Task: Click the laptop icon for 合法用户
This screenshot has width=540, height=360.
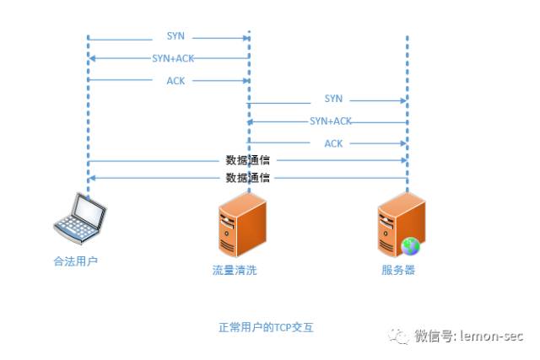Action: pyautogui.click(x=80, y=218)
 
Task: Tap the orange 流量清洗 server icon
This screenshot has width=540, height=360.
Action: pyautogui.click(x=242, y=225)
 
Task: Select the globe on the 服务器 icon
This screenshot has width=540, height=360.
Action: pyautogui.click(x=410, y=246)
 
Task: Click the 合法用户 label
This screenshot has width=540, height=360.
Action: pyautogui.click(x=75, y=261)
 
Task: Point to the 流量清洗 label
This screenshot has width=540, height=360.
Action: pyautogui.click(x=235, y=270)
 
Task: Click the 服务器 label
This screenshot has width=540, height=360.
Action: pyautogui.click(x=398, y=270)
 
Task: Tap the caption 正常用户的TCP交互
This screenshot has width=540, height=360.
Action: pyautogui.click(x=266, y=327)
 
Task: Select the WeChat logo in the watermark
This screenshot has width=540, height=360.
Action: pyautogui.click(x=399, y=336)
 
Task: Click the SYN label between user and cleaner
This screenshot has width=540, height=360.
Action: pyautogui.click(x=175, y=36)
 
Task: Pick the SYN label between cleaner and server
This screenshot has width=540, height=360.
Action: pyautogui.click(x=333, y=99)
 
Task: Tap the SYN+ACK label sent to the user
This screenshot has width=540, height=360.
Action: pyautogui.click(x=173, y=58)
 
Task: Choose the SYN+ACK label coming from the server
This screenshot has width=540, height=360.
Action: pyautogui.click(x=331, y=121)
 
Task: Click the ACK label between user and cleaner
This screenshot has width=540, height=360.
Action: pyautogui.click(x=175, y=81)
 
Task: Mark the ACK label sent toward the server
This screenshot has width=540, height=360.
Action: pyautogui.click(x=333, y=143)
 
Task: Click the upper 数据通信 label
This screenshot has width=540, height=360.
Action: pyautogui.click(x=247, y=160)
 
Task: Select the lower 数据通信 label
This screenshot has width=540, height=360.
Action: pyautogui.click(x=247, y=178)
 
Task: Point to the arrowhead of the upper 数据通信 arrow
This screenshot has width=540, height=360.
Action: pyautogui.click(x=404, y=160)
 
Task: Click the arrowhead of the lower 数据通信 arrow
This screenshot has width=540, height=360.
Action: pyautogui.click(x=92, y=178)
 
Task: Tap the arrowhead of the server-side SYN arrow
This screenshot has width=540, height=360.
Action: pyautogui.click(x=403, y=101)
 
